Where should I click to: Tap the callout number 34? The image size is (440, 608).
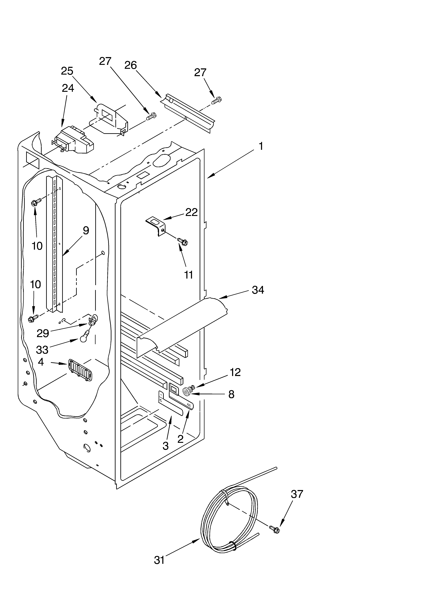click(x=258, y=290)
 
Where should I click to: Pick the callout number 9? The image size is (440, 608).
click(x=86, y=230)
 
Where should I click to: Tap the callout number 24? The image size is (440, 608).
click(x=68, y=88)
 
